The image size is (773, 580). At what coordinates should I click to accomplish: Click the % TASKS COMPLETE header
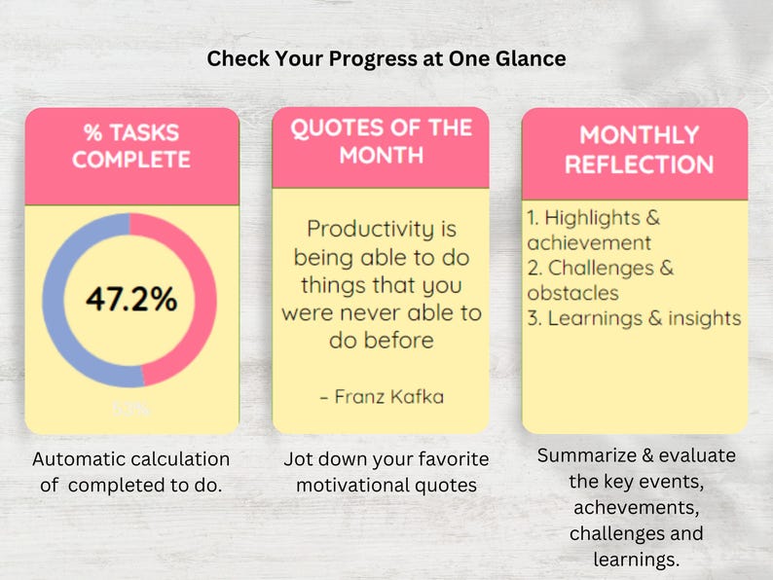[x=131, y=146]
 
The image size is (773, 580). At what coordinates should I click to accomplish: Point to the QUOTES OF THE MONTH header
[x=381, y=141]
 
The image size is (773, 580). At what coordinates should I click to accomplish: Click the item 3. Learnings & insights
[x=634, y=318]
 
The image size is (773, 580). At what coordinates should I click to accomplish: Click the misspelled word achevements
[x=636, y=508]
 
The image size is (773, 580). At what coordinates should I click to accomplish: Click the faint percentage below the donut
[x=131, y=410]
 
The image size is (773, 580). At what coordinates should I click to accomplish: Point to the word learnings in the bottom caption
[x=636, y=560]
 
